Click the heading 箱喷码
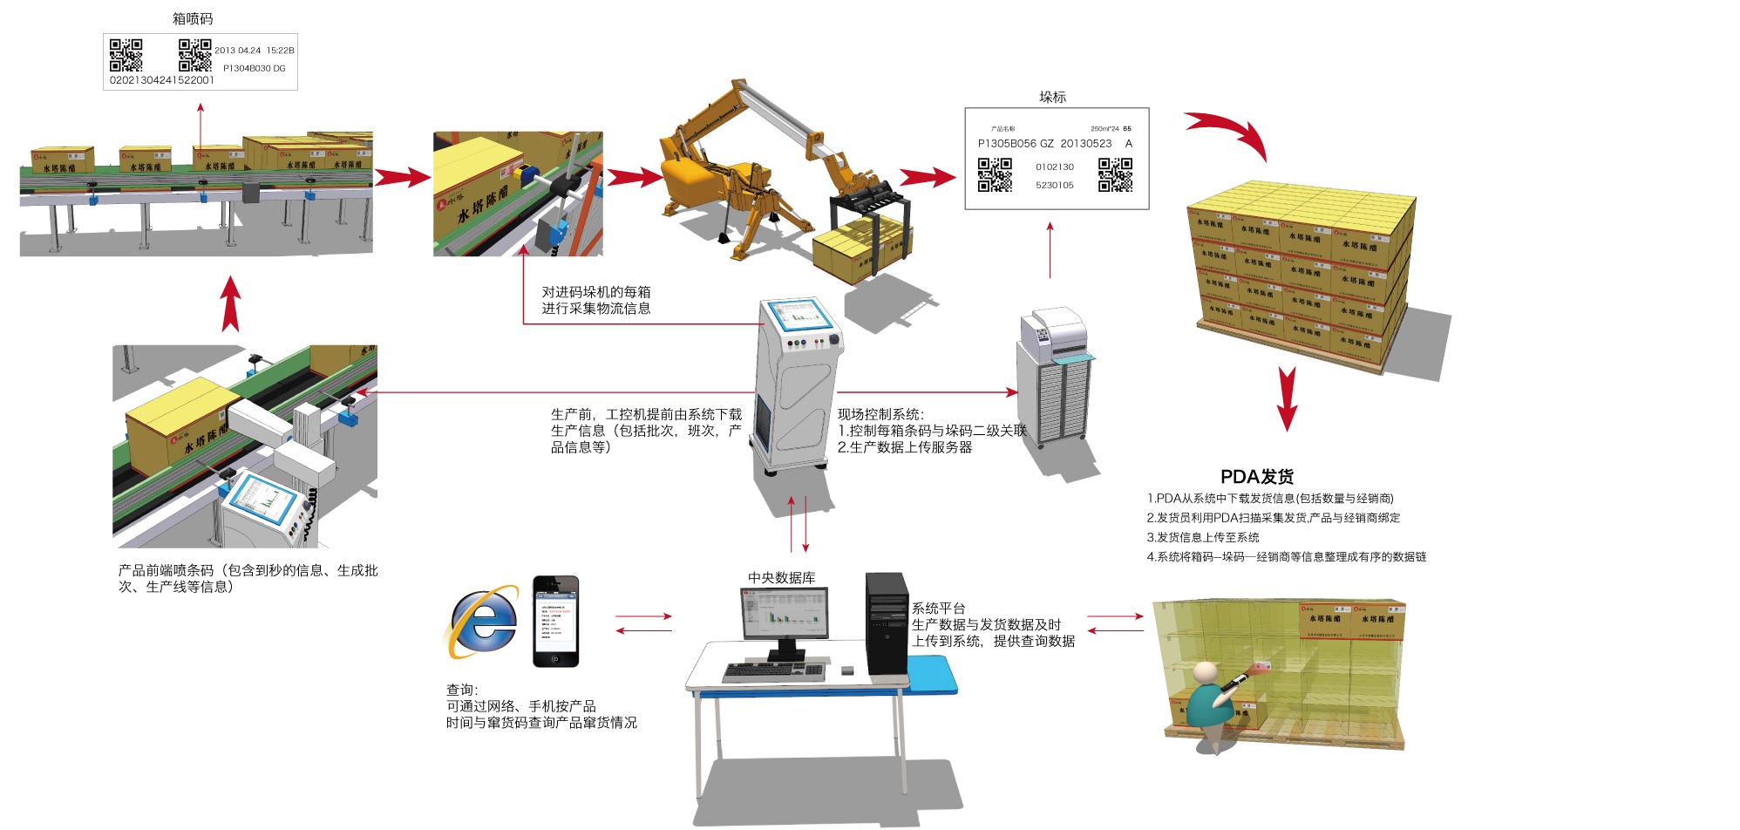coord(192,18)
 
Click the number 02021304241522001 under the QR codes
coord(161,80)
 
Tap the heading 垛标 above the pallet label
coord(1052,97)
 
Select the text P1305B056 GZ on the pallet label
coord(1015,144)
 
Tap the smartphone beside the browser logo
coord(555,621)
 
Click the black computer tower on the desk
coord(887,622)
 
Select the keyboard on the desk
coord(772,672)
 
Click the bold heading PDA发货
coord(1256,477)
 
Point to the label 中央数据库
coord(781,578)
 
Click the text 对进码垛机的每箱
coord(595,292)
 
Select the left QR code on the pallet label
coord(994,174)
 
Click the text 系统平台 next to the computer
coord(938,609)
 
